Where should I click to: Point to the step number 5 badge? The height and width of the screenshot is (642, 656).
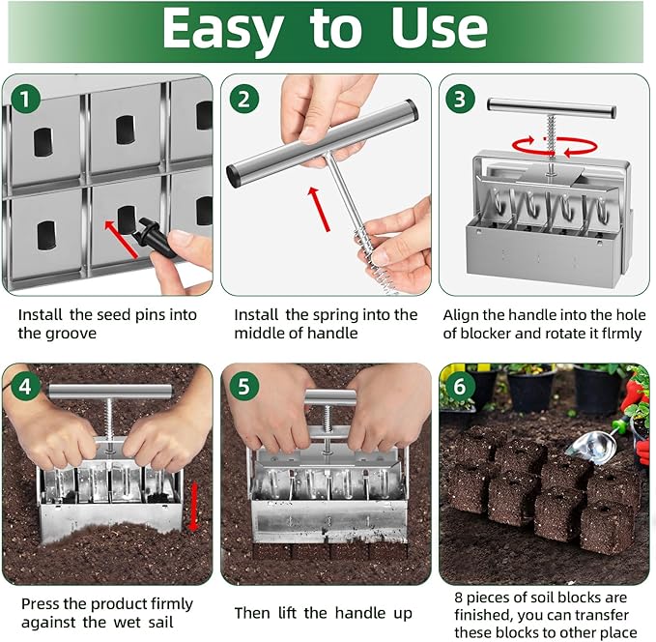pyautogui.click(x=244, y=387)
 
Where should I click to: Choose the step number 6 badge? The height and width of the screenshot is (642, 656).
pyautogui.click(x=461, y=387)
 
